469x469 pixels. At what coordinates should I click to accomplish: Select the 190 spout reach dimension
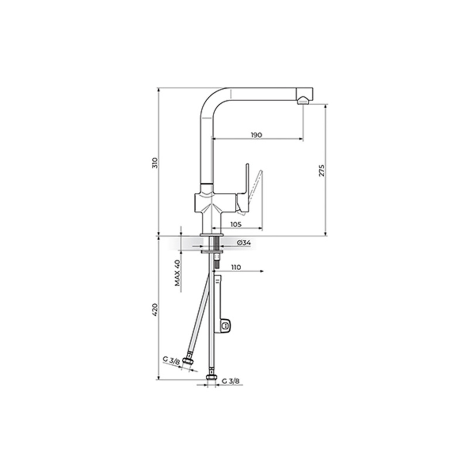tap(256, 134)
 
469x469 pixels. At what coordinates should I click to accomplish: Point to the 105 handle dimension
tap(236, 224)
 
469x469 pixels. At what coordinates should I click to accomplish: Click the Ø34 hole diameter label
tap(243, 242)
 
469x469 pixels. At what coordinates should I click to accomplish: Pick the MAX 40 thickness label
tap(177, 272)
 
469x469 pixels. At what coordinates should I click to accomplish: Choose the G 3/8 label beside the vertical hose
tap(231, 388)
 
